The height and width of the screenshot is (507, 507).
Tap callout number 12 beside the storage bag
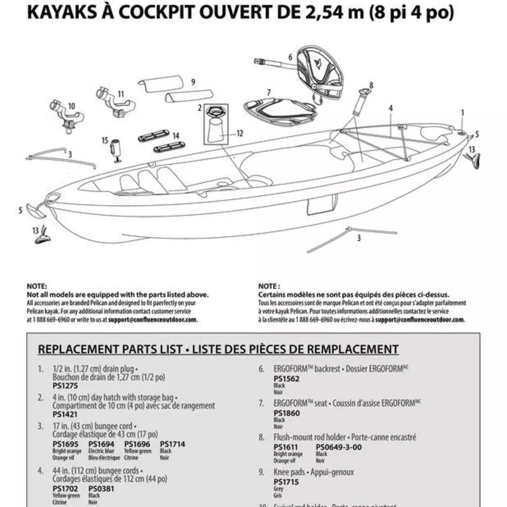pos(240,133)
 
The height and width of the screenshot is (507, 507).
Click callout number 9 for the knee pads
pos(193,82)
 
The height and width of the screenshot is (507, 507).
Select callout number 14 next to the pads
pos(175,135)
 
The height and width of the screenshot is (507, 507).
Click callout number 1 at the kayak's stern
pos(462,112)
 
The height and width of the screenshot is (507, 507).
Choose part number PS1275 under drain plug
pos(62,385)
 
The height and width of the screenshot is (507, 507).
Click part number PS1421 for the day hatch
pos(62,414)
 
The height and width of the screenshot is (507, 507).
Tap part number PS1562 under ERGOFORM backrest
pos(286,378)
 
